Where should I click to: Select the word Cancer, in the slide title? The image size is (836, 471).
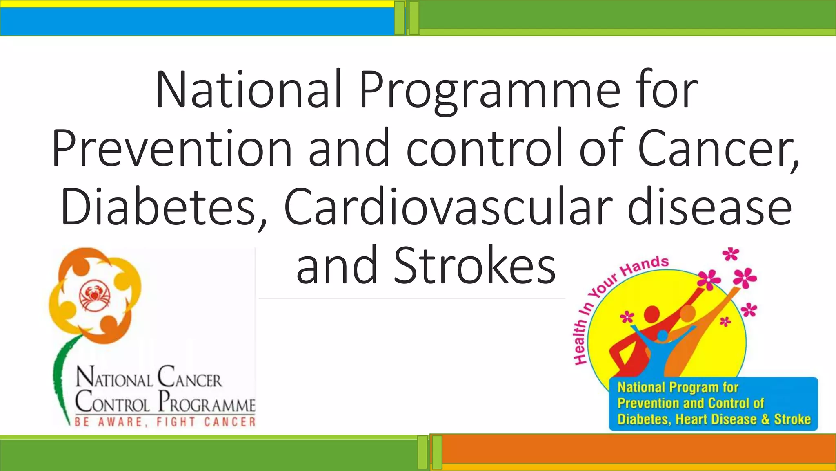718,148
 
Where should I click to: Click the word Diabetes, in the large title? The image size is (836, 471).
163,207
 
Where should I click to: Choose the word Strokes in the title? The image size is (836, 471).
474,266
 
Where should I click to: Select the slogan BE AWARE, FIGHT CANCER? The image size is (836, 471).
165,422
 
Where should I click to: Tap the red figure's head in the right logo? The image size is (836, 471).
652,314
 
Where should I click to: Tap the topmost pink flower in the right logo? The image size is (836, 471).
730,254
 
